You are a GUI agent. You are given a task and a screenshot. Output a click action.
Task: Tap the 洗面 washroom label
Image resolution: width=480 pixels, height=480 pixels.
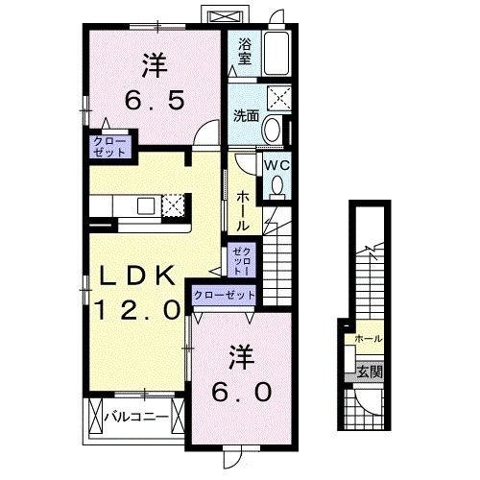(x=246, y=116)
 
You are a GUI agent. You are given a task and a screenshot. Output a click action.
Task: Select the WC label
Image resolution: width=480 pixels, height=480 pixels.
(x=276, y=164)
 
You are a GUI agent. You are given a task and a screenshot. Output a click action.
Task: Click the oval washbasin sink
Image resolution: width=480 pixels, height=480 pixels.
(x=273, y=130)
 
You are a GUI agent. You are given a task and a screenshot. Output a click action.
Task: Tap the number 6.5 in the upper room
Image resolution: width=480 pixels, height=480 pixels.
(x=154, y=100)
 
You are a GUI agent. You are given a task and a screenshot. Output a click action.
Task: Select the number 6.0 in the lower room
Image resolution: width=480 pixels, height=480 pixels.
(x=242, y=392)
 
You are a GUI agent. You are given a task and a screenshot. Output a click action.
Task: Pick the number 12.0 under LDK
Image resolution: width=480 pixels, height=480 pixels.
(x=137, y=310)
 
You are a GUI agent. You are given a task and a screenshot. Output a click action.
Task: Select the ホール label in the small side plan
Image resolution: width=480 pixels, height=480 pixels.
(x=368, y=339)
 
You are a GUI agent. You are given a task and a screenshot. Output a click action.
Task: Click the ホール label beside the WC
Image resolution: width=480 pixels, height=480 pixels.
(x=244, y=208)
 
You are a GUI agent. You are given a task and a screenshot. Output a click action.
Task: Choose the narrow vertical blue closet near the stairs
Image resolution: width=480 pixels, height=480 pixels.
(x=238, y=260)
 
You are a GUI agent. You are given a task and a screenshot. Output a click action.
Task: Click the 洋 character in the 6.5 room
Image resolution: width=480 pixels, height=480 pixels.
(x=155, y=66)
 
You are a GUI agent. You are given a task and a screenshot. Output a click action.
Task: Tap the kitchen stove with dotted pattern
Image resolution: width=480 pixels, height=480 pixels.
(x=173, y=204)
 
